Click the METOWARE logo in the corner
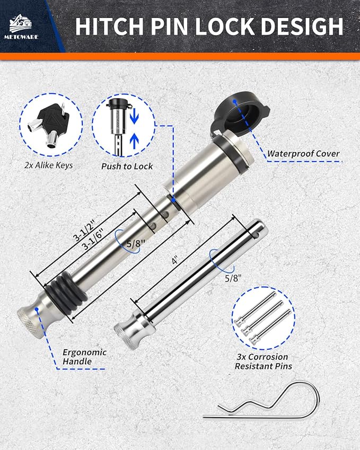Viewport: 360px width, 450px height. pyautogui.click(x=21, y=26)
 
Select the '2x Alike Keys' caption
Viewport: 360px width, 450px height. pyautogui.click(x=49, y=165)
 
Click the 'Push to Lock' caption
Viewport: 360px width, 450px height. pyautogui.click(x=127, y=166)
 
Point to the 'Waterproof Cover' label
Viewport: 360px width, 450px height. pyautogui.click(x=303, y=154)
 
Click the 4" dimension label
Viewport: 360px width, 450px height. pyautogui.click(x=175, y=261)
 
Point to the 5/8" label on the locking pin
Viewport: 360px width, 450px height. pyautogui.click(x=136, y=244)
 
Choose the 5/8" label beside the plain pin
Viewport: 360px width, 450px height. pyautogui.click(x=233, y=278)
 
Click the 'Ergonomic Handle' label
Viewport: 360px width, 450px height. pyautogui.click(x=84, y=357)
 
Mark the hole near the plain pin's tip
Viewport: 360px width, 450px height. pyautogui.click(x=257, y=235)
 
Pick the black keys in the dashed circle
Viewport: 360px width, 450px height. pyautogui.click(x=48, y=125)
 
